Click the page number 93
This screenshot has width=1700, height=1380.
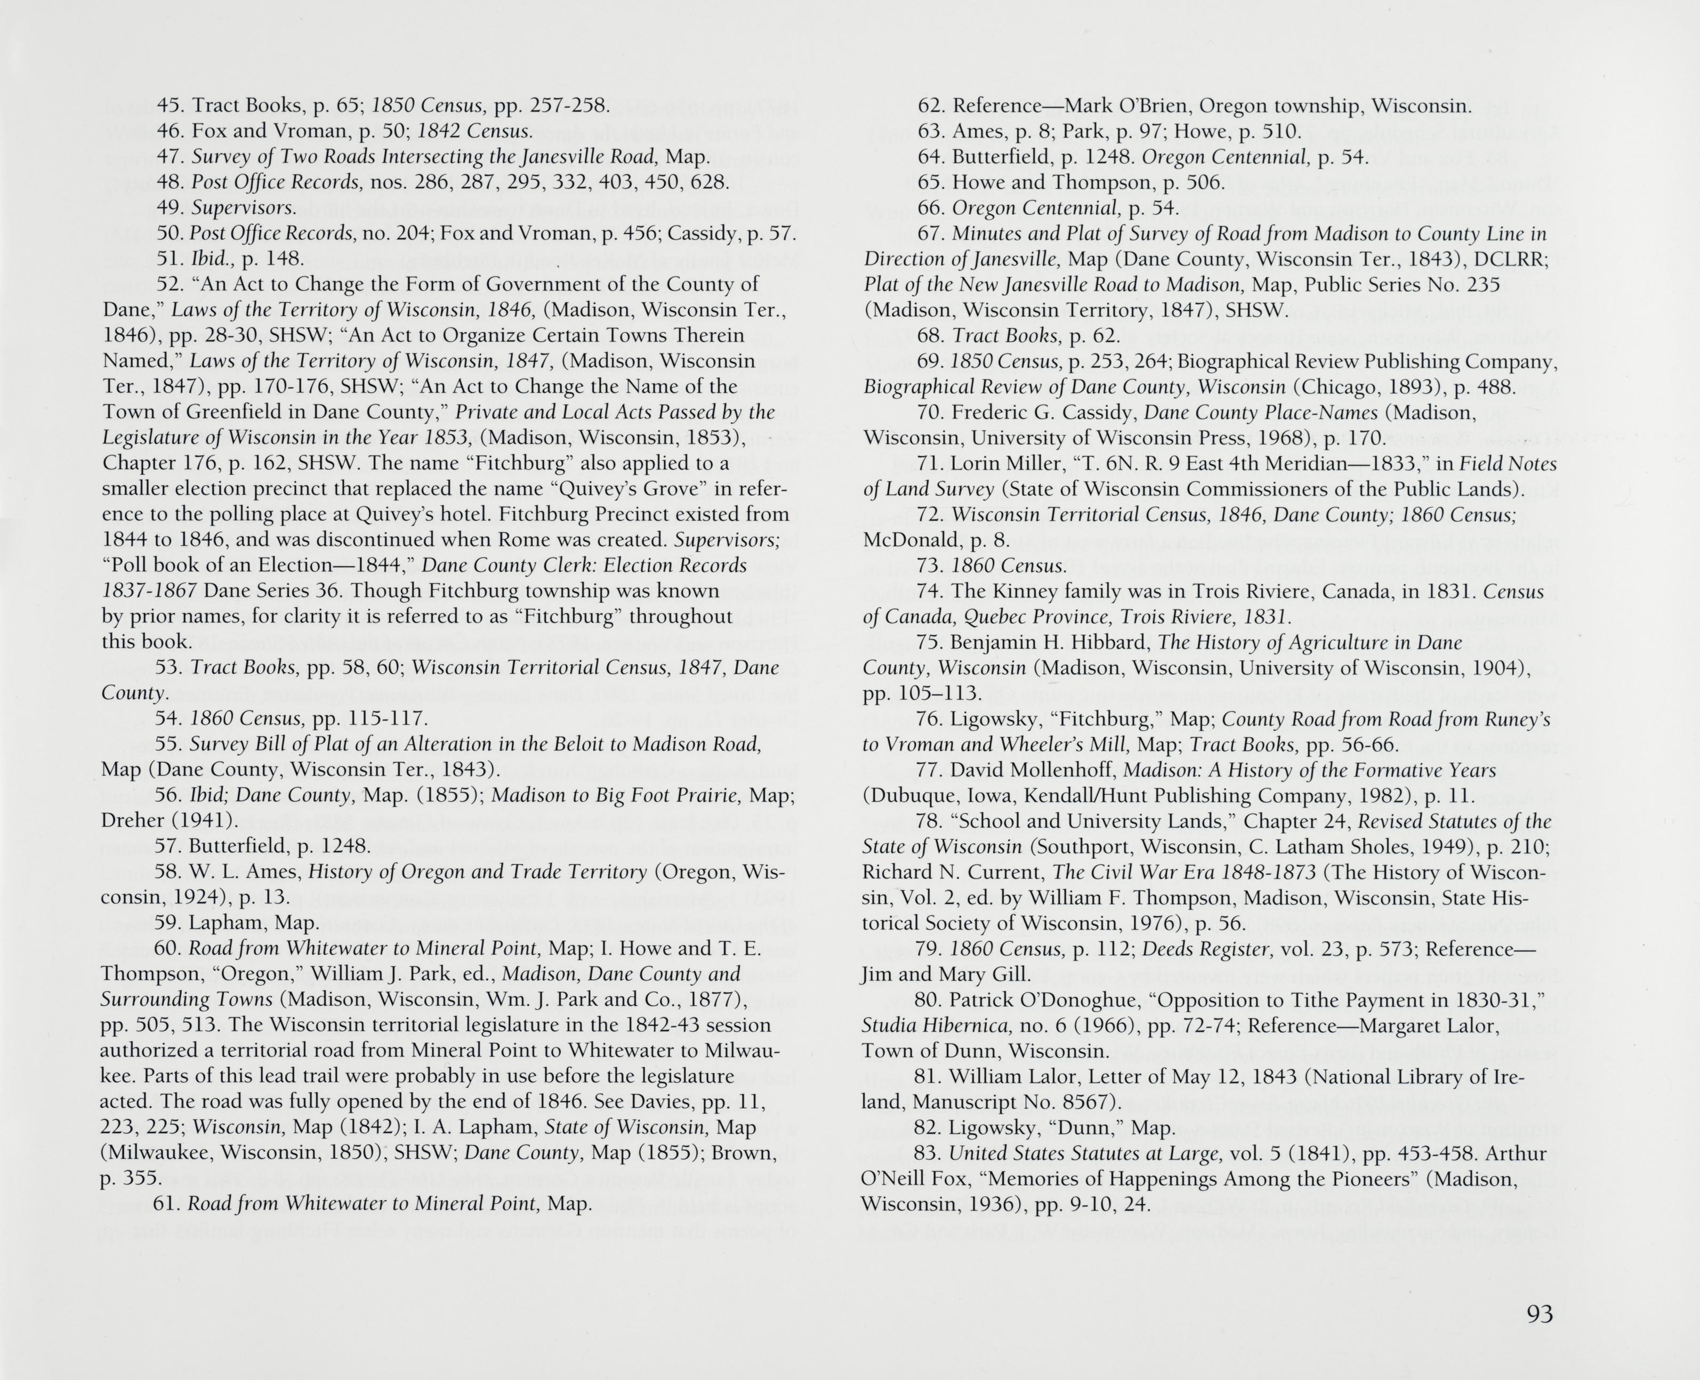(x=1540, y=1314)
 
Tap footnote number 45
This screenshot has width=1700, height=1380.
(x=168, y=106)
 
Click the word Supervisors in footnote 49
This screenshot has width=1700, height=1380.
(x=243, y=208)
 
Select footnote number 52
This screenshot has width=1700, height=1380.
(x=168, y=285)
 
